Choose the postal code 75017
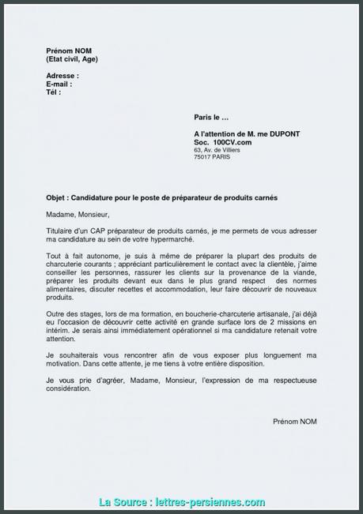(203, 157)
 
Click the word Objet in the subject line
(56, 200)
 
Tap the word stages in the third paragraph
(85, 315)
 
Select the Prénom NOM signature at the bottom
(296, 422)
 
